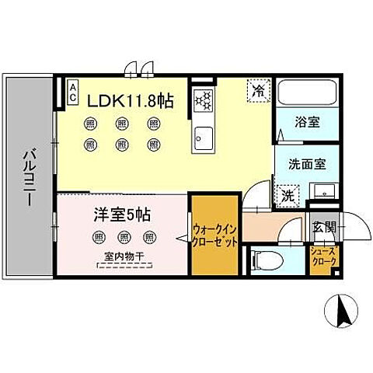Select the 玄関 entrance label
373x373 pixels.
tap(323, 227)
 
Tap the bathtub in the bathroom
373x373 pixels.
tap(307, 96)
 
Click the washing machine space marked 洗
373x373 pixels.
tap(287, 196)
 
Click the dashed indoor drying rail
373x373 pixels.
tap(123, 265)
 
